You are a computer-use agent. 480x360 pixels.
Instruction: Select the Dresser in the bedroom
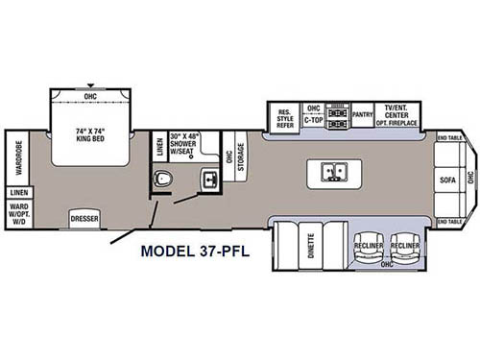click(x=84, y=218)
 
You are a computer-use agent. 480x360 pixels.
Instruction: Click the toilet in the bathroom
click(x=165, y=179)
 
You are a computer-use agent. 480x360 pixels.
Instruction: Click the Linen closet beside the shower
click(x=159, y=148)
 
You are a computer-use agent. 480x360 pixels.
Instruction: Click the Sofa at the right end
click(x=447, y=180)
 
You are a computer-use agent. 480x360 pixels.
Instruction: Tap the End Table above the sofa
click(x=449, y=138)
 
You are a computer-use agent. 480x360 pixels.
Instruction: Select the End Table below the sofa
click(x=449, y=223)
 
